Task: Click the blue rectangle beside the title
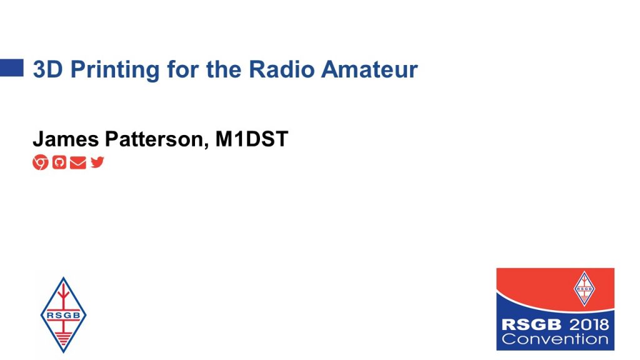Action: click(11, 67)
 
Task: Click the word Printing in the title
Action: click(115, 70)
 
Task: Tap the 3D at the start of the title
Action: click(47, 69)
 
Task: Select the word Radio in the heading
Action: click(282, 69)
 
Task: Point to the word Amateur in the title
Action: click(369, 69)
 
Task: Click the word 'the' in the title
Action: click(224, 69)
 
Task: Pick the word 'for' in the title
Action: click(183, 69)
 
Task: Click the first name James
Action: click(66, 139)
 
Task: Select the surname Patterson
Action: click(157, 139)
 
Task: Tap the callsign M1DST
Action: click(252, 139)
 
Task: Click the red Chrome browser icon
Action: click(41, 162)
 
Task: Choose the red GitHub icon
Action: click(59, 162)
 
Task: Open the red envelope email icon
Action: click(78, 162)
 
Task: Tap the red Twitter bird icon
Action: click(97, 162)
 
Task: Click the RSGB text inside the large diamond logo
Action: click(63, 315)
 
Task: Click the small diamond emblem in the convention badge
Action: click(584, 289)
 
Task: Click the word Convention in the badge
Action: click(555, 339)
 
